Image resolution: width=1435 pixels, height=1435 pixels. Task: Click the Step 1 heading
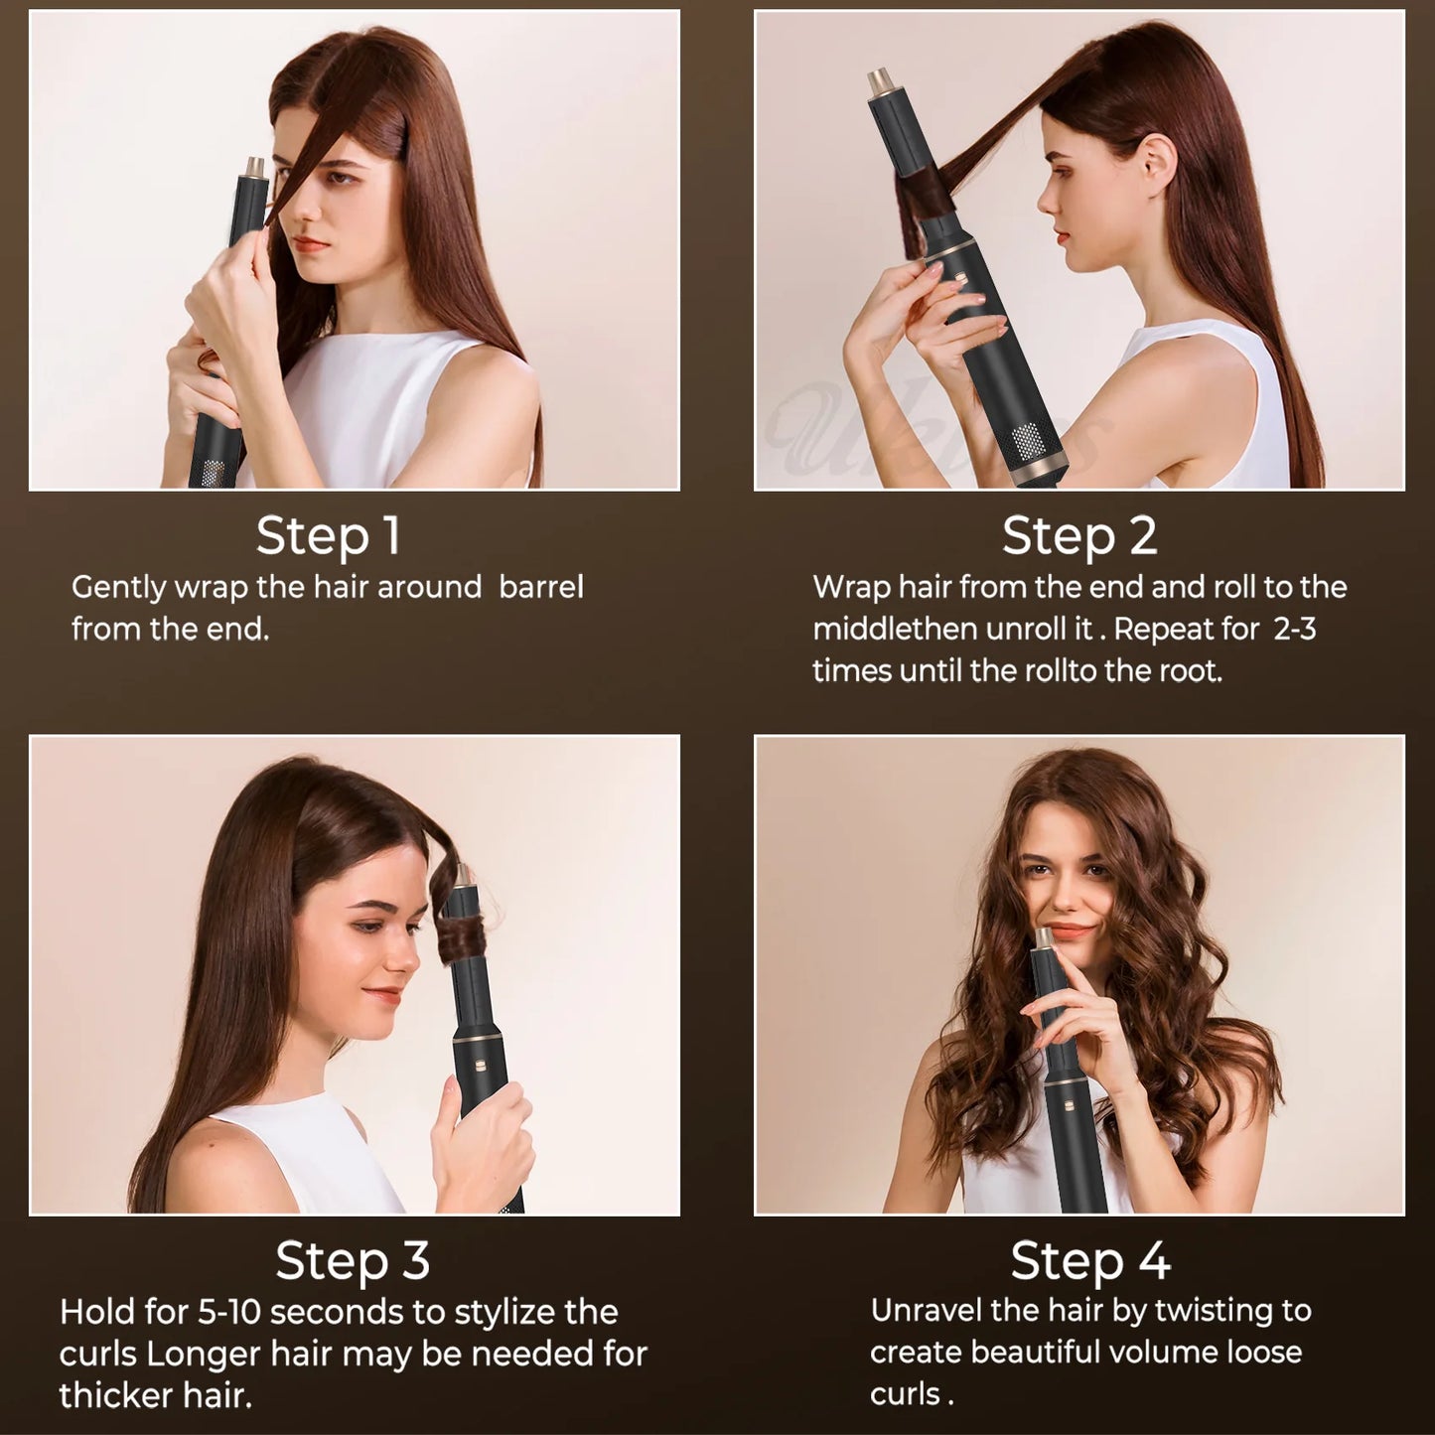click(x=328, y=536)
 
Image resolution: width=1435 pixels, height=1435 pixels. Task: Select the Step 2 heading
click(x=1079, y=536)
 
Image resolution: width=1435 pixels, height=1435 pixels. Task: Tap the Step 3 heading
click(x=353, y=1261)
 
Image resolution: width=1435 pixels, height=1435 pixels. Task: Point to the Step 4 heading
click(x=1090, y=1261)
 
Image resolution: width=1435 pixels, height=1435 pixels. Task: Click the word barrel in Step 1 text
click(x=541, y=587)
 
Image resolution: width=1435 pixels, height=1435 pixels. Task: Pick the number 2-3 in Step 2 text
click(x=1295, y=630)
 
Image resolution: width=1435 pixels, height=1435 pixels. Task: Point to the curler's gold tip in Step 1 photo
click(x=254, y=165)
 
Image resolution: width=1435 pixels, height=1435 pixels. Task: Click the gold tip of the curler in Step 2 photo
click(x=880, y=80)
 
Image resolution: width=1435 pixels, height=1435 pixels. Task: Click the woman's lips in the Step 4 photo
click(x=1068, y=932)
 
